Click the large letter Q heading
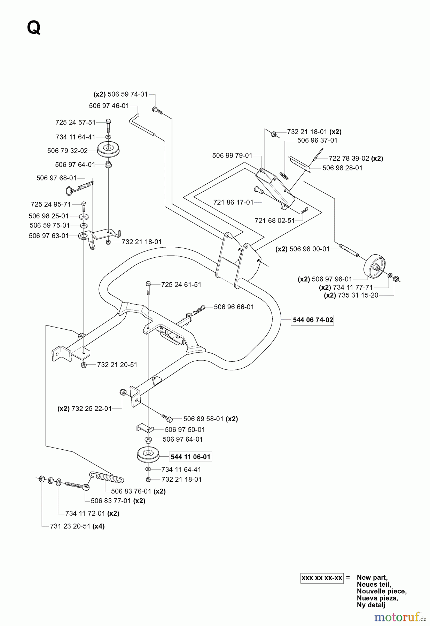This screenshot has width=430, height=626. [34, 28]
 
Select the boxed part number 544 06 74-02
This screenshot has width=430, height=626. [313, 320]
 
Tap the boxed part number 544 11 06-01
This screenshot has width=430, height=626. [190, 457]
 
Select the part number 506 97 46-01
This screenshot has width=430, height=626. [109, 106]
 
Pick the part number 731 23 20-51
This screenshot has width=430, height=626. [70, 526]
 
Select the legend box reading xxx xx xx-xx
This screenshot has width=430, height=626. [322, 578]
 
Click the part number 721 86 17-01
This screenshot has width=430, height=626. [233, 202]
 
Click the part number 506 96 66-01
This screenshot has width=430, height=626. [234, 307]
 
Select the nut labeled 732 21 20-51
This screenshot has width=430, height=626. [84, 365]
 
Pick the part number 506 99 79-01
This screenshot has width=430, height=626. [232, 155]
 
